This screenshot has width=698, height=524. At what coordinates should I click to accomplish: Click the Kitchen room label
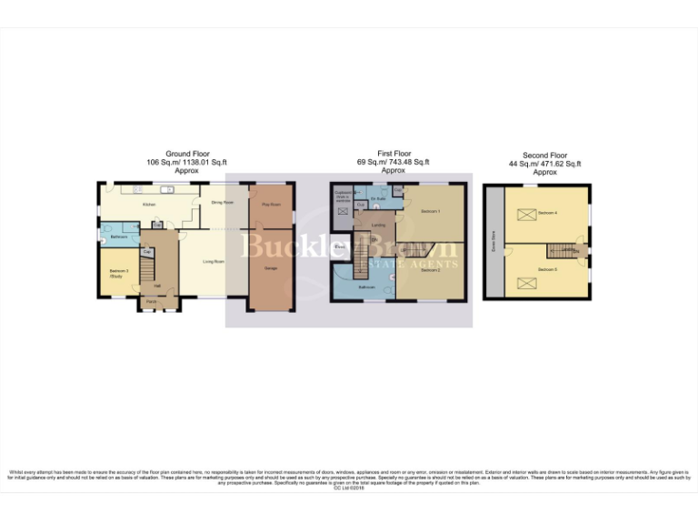tap(149, 205)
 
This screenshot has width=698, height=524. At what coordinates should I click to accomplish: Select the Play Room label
tap(271, 205)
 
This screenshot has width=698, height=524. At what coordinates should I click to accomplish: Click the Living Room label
tap(214, 261)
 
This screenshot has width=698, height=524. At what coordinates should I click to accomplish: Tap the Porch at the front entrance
tap(151, 301)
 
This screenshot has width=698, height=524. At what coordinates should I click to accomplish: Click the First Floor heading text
tap(393, 155)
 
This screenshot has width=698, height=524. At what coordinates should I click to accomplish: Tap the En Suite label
tap(379, 196)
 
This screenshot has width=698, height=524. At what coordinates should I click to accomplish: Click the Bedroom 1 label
tap(431, 212)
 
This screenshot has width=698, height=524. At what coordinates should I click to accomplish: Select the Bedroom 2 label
tap(431, 270)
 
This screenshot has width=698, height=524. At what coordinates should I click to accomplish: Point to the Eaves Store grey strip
tap(494, 242)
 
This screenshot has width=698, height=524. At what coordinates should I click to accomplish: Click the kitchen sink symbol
tap(165, 189)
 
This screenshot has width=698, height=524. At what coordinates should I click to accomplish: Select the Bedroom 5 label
tap(547, 270)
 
